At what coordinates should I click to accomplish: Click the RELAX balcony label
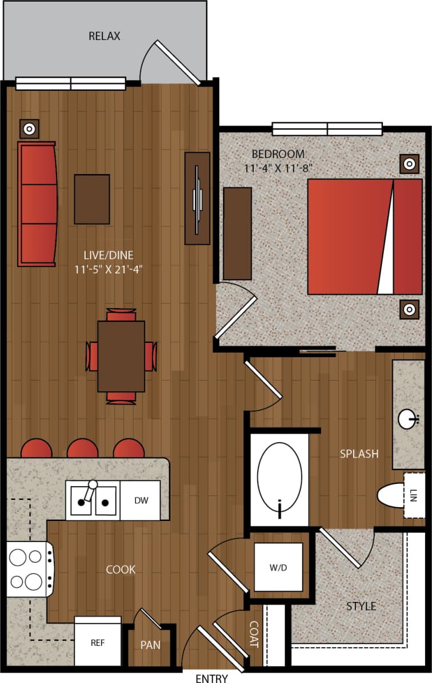105,36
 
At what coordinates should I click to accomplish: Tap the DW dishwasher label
141,501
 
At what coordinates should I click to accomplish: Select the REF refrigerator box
98,641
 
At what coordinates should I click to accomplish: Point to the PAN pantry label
150,645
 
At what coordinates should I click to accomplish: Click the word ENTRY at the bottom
211,678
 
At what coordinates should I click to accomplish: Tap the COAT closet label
254,634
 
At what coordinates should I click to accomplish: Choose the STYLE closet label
361,605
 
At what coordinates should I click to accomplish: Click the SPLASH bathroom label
359,454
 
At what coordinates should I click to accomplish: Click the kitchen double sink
92,500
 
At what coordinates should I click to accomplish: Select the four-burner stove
27,568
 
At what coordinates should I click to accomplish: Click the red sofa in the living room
38,204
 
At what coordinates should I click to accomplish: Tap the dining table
121,357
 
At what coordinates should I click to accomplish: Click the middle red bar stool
82,448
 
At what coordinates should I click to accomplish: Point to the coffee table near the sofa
91,199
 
